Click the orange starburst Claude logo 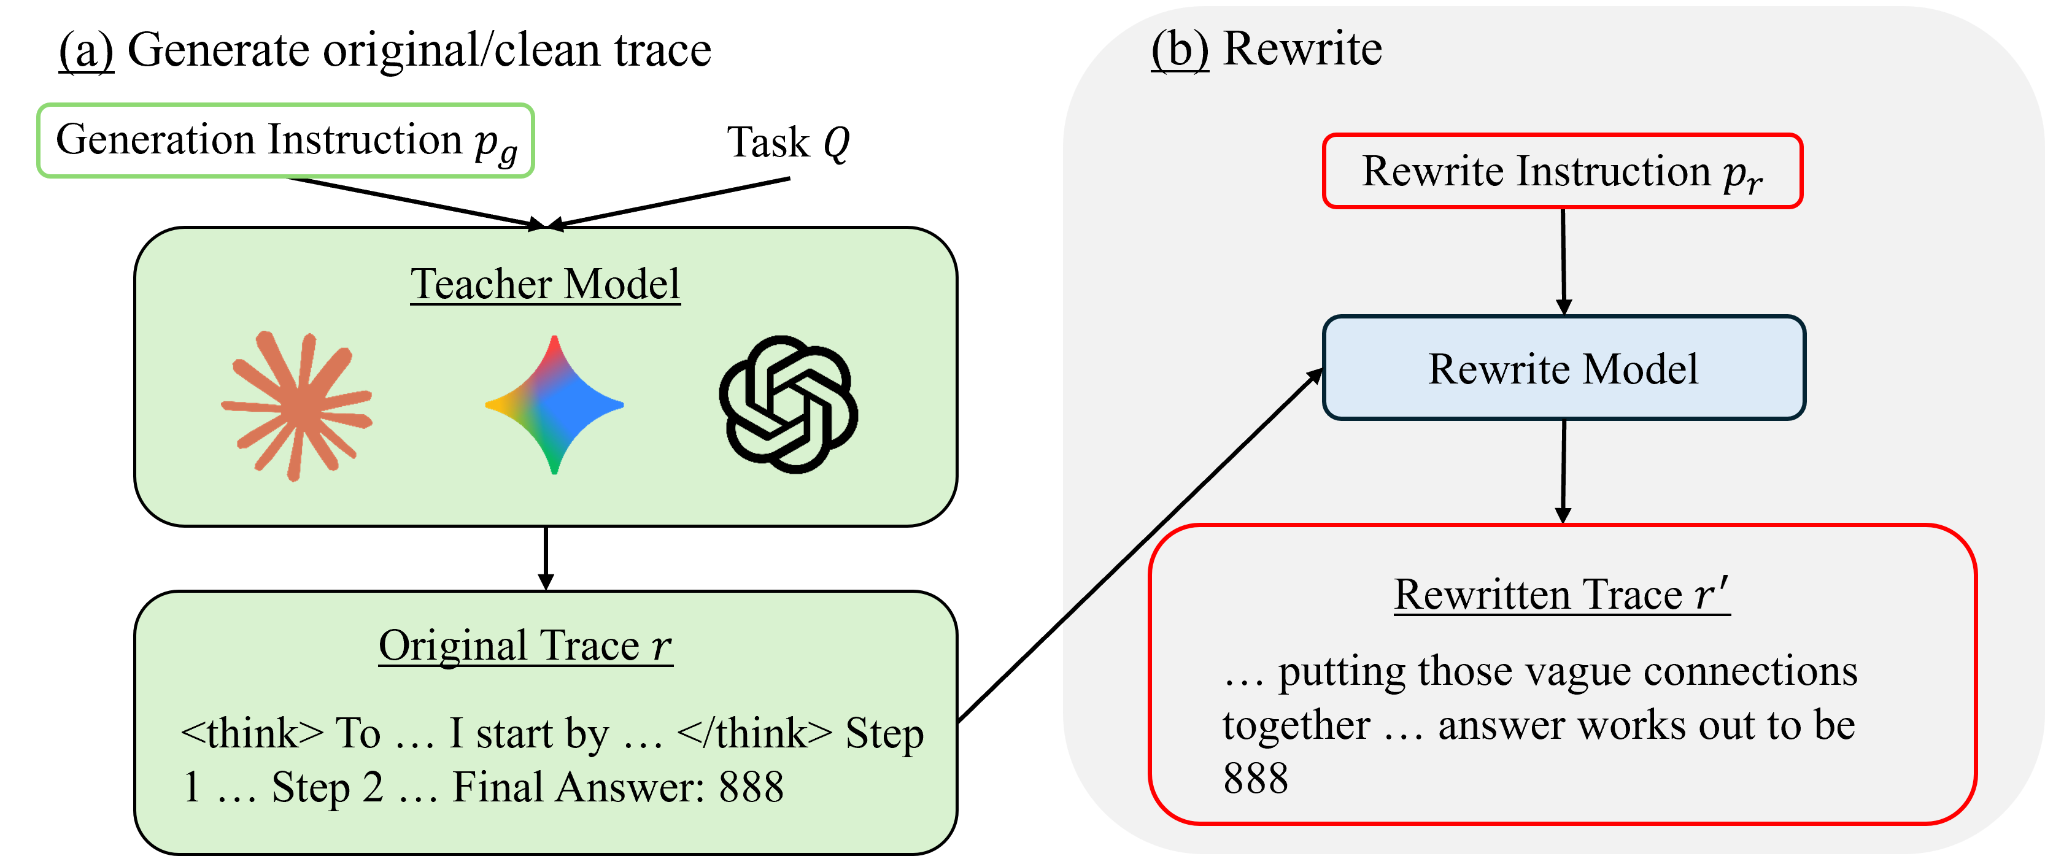(x=296, y=405)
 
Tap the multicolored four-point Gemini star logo (x=554, y=405)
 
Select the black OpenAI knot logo (x=787, y=405)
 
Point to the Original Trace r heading (x=525, y=646)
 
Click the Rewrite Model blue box (x=1563, y=368)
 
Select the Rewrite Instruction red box (x=1561, y=172)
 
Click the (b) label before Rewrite (x=1180, y=49)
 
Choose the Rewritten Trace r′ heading (x=1561, y=594)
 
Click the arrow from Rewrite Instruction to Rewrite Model (x=1563, y=262)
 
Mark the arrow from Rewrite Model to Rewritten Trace (x=1563, y=472)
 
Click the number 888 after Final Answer (x=751, y=788)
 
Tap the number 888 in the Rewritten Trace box (x=1255, y=778)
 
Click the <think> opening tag (x=252, y=732)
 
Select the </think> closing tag (x=754, y=732)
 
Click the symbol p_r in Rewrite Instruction (x=1742, y=175)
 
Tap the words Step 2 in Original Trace (x=327, y=788)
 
